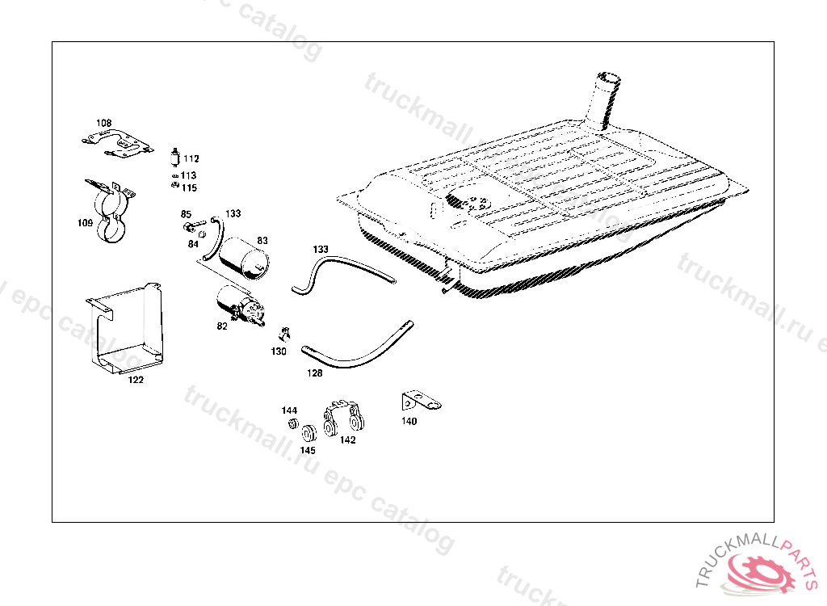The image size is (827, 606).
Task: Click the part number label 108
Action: pyautogui.click(x=104, y=123)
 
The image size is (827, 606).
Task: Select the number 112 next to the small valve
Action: pyautogui.click(x=191, y=158)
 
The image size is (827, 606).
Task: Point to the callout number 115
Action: pyautogui.click(x=189, y=188)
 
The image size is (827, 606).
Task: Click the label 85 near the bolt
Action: pyautogui.click(x=186, y=214)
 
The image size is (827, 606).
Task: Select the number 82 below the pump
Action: pyautogui.click(x=222, y=326)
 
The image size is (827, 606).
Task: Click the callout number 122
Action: pyautogui.click(x=136, y=380)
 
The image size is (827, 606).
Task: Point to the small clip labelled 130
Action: pyautogui.click(x=285, y=333)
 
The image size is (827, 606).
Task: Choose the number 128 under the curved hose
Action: pyautogui.click(x=314, y=373)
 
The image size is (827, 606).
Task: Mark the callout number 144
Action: pyautogui.click(x=289, y=410)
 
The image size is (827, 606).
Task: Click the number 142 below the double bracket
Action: pyautogui.click(x=347, y=440)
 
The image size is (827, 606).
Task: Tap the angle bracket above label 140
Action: pyautogui.click(x=418, y=400)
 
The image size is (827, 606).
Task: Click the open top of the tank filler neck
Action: pyautogui.click(x=607, y=79)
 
